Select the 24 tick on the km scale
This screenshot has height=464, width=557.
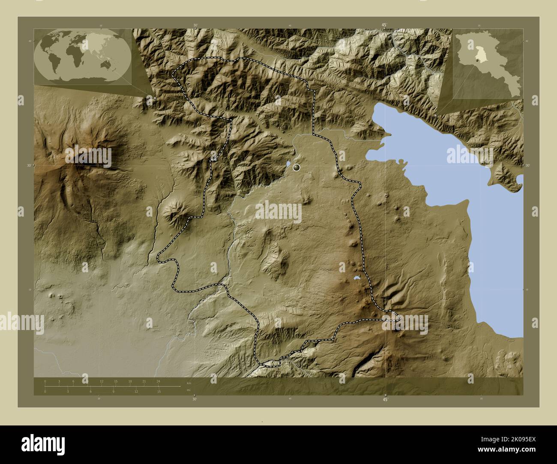coord(159,381)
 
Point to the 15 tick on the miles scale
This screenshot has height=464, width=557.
coord(159,391)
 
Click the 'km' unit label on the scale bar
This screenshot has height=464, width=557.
coord(189,383)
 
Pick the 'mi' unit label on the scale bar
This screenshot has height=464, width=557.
coord(189,390)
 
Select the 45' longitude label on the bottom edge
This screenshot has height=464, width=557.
coord(385,399)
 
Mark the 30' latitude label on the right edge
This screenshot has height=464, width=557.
coord(527,165)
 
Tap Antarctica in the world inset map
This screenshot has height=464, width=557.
coord(81,79)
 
